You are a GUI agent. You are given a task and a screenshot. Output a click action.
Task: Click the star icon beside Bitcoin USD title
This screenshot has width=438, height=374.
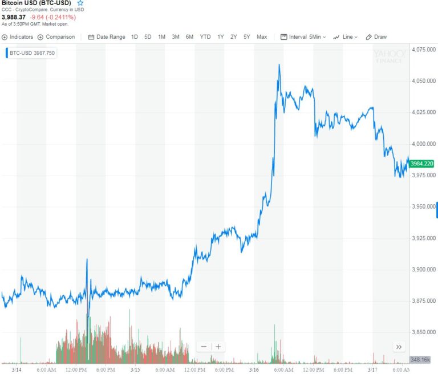(80, 3)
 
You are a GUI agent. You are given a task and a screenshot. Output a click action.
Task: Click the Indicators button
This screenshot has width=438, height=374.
(18, 37)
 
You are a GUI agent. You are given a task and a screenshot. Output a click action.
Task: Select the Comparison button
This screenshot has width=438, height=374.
(56, 37)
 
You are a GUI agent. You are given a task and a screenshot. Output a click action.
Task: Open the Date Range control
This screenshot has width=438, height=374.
(107, 37)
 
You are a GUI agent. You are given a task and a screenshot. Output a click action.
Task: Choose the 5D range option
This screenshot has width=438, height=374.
(148, 37)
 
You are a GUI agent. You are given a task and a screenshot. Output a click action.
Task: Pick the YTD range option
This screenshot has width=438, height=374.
(205, 37)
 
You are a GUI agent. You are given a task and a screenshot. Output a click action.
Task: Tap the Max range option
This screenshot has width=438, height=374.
(262, 37)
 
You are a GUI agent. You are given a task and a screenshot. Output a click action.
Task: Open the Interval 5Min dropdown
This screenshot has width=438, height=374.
(303, 37)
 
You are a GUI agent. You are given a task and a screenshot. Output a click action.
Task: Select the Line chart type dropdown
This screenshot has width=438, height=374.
(346, 37)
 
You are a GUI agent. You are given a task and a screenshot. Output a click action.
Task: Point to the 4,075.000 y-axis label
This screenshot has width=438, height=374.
(423, 50)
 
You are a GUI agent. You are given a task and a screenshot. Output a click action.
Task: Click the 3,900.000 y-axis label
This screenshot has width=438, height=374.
(423, 269)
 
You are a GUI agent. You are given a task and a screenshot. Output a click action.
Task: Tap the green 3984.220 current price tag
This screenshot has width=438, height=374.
(423, 164)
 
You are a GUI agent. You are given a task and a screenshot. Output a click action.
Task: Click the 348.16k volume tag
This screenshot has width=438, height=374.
(422, 360)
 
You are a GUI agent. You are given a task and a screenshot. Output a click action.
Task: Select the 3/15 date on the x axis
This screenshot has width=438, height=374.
(135, 369)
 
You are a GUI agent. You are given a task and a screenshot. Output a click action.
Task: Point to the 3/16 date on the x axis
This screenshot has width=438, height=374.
(254, 369)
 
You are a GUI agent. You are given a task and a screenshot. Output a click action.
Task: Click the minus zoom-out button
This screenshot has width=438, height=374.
(204, 347)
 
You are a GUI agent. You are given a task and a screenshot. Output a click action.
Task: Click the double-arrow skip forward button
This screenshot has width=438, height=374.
(399, 347)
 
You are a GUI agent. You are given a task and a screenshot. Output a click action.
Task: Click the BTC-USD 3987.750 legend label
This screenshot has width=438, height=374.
(26, 53)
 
